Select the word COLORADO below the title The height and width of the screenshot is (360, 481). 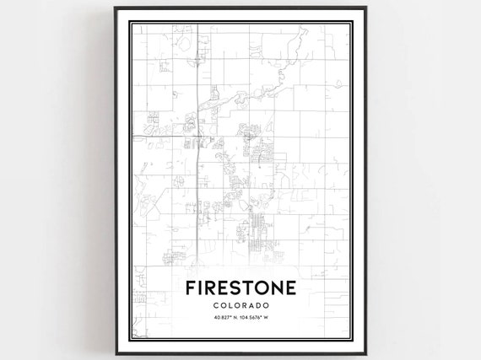coord(240,304)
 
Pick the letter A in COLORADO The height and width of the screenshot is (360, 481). coord(252,304)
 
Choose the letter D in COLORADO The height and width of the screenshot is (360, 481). coord(260,304)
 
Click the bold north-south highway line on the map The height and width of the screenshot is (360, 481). coord(197,169)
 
